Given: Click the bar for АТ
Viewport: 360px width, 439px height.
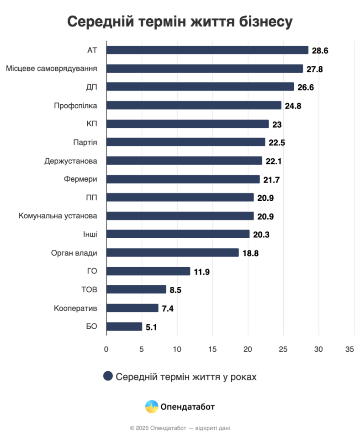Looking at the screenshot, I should point(207,50).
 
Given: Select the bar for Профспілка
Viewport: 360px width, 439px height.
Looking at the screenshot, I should point(194,105).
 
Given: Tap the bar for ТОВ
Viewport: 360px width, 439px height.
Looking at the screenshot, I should point(136,289).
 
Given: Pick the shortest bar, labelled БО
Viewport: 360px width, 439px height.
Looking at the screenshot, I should point(124,327).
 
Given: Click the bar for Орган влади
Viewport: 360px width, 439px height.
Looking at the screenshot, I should point(173,252).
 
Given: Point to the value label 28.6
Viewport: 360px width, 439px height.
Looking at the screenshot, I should point(320,50).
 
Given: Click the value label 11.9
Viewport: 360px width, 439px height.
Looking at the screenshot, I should point(201,272).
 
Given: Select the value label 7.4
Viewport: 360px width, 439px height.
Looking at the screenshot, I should point(168,308).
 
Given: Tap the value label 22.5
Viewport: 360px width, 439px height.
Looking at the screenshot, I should point(277,143).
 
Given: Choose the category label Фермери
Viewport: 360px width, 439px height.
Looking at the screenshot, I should point(80,179).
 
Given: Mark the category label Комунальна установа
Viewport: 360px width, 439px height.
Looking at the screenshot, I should point(58,216).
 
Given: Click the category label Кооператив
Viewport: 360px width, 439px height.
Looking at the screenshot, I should point(75,308).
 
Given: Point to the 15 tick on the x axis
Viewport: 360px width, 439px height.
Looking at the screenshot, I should point(212,349).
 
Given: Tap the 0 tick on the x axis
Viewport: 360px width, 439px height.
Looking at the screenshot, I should point(106,349).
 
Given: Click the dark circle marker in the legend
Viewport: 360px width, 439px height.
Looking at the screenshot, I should point(108,376).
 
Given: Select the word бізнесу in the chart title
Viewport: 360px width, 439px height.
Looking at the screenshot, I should point(265,21).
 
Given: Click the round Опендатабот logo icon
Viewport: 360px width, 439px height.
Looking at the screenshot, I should point(152,407).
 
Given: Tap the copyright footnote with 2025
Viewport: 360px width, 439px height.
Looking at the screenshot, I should point(180,428).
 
